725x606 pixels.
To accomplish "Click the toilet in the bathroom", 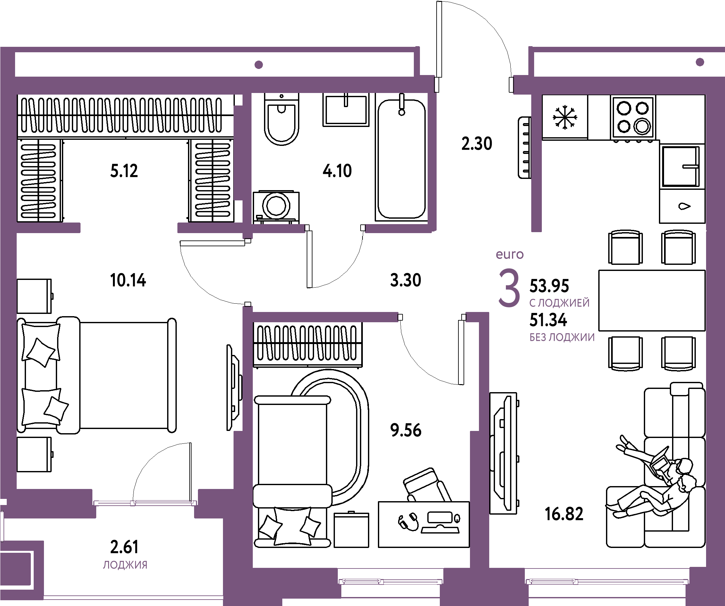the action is [x=281, y=119].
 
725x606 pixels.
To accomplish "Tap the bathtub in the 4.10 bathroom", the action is [x=401, y=159].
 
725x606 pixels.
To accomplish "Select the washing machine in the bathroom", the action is [x=276, y=206].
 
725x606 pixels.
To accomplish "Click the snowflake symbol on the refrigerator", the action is [x=565, y=117].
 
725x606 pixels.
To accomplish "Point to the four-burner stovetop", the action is [x=633, y=118].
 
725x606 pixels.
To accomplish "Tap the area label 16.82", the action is [x=564, y=514].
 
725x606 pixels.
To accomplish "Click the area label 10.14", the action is [x=128, y=280].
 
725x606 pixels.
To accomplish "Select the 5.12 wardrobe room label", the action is [x=124, y=171].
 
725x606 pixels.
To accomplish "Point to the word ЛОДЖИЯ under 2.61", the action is [x=125, y=565].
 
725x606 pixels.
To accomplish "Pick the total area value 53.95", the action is [x=549, y=286].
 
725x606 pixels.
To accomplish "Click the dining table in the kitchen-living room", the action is [x=652, y=300].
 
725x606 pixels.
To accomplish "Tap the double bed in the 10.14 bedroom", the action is [x=97, y=375].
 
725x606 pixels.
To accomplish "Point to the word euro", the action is [x=509, y=255].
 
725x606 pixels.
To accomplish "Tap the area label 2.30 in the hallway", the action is [x=477, y=144].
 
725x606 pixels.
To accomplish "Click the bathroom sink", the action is [x=346, y=109].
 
